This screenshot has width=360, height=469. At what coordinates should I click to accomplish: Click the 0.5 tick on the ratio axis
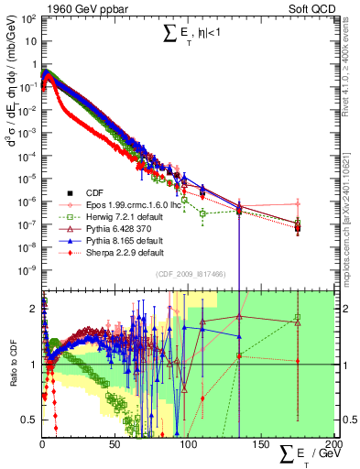click(30, 420)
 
